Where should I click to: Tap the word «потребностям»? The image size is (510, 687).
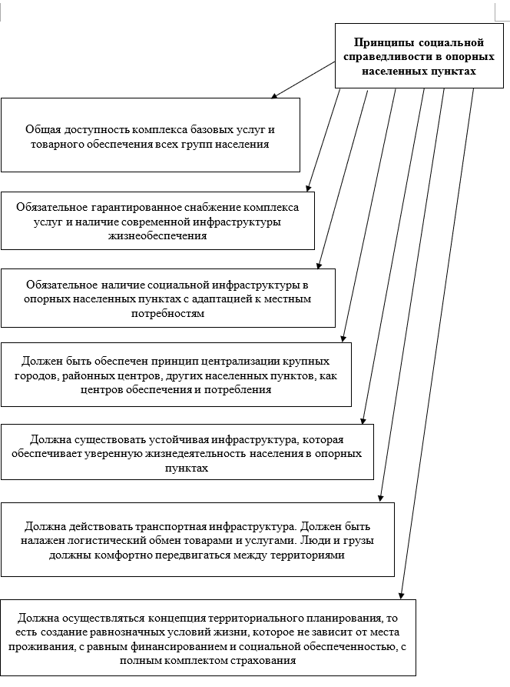[168, 313]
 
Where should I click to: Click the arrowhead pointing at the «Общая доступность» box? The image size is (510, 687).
[274, 96]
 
